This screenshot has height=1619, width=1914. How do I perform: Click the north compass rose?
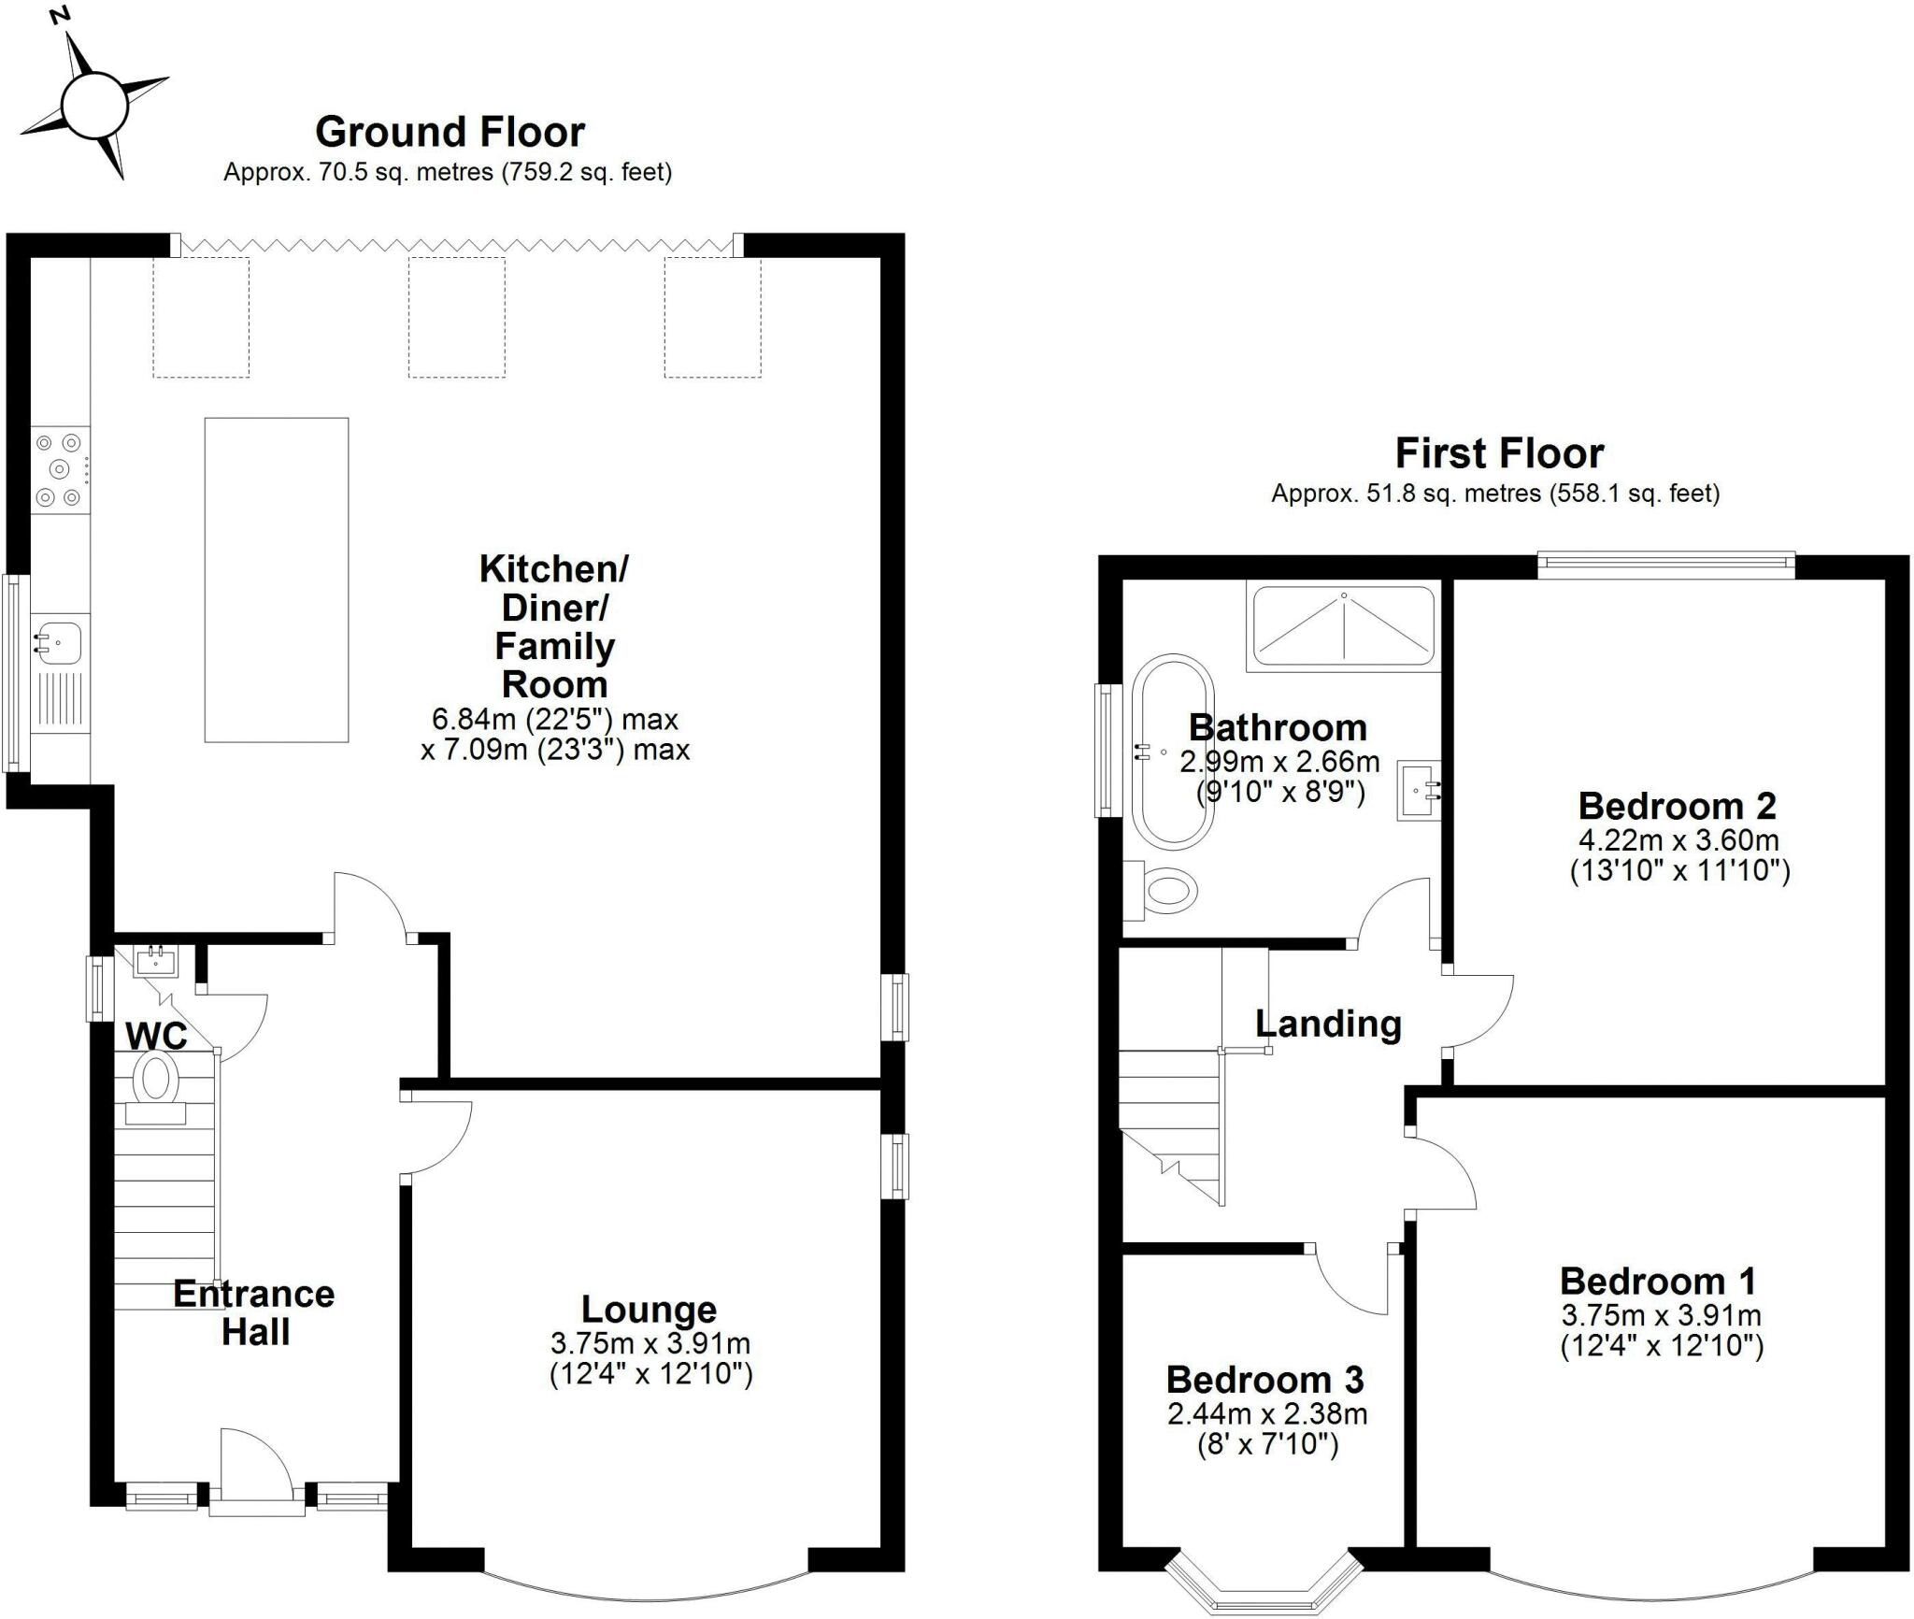[93, 103]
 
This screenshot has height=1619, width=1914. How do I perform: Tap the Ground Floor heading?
[450, 132]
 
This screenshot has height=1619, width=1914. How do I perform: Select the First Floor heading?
[1499, 453]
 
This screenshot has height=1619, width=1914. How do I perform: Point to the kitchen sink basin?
[58, 642]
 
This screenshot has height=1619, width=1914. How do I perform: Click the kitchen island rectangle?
[277, 580]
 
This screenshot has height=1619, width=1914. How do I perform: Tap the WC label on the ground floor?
[157, 1036]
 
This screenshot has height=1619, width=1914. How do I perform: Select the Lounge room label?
[649, 1310]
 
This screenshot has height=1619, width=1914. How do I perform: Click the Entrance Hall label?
[254, 1313]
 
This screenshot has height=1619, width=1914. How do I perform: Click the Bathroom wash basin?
[1420, 791]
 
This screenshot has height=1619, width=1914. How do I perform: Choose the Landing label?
[1328, 1024]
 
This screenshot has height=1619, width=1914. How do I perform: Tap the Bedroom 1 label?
[1658, 1280]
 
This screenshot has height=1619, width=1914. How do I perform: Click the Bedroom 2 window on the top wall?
[1666, 562]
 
